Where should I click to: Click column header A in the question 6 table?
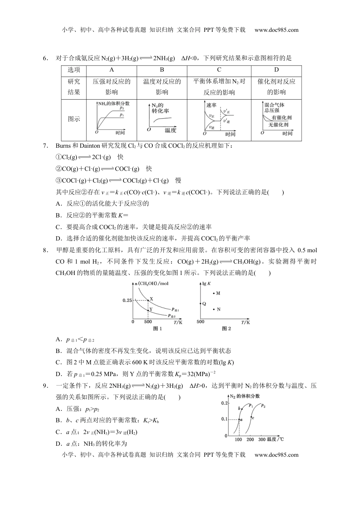(111, 70)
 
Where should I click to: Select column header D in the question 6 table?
(276, 70)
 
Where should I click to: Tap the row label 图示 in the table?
(74, 119)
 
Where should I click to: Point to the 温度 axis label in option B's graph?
(171, 130)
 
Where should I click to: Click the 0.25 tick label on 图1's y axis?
(127, 300)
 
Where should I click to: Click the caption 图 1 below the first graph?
(157, 328)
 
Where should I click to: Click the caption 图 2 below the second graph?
(226, 328)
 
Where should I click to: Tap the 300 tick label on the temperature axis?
(262, 439)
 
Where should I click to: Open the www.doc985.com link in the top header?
(276, 30)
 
